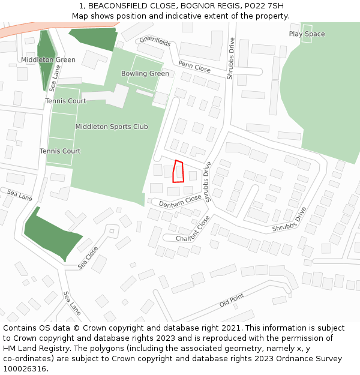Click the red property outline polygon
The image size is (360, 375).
tap(178, 172)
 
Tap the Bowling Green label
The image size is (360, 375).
tap(145, 74)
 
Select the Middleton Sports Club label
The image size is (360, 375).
tap(112, 127)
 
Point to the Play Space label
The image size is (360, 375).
tap(307, 34)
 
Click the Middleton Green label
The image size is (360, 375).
tap(48, 60)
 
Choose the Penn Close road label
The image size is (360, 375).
tap(194, 67)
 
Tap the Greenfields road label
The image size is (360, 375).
tap(155, 41)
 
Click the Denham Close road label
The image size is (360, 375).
tap(180, 201)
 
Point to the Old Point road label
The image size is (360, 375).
tap(232, 300)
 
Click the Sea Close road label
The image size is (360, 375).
tap(88, 257)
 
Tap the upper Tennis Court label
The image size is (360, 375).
tap(65, 101)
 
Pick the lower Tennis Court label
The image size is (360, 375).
tap(60, 151)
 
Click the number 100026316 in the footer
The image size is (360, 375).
tap(25, 369)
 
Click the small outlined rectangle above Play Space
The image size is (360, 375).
tap(307, 28)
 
